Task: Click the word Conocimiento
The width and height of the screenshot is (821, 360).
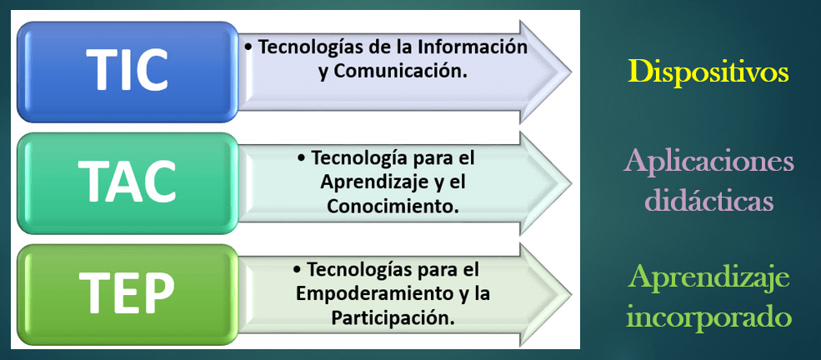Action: [x=393, y=206]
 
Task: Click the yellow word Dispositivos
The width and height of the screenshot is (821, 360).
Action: [x=708, y=72]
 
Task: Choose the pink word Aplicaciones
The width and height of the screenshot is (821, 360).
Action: [x=708, y=163]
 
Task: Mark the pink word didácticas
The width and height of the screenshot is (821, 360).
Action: [x=709, y=200]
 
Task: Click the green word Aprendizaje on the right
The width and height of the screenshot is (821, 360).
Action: [x=708, y=278]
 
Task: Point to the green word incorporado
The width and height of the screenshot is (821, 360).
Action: [x=708, y=316]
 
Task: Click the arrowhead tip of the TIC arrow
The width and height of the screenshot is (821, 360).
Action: [x=571, y=72]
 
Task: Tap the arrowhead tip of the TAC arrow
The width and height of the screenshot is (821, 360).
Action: [x=571, y=183]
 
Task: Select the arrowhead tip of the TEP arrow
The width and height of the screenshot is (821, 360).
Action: [x=571, y=295]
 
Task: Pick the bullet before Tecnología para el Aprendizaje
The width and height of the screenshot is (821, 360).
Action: [x=301, y=158]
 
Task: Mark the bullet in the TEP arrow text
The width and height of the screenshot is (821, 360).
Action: [x=297, y=270]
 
